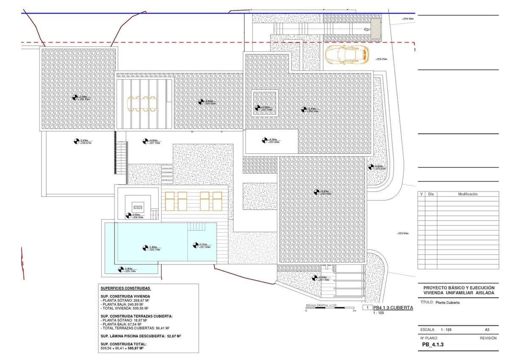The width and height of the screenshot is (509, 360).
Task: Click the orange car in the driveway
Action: click(x=347, y=54)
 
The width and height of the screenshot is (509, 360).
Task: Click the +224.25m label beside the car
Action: click(x=381, y=59)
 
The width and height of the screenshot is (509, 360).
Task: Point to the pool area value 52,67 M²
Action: click(x=173, y=336)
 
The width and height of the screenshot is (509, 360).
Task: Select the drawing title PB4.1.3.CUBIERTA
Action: click(x=393, y=307)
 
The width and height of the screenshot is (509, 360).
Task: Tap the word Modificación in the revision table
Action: click(x=467, y=194)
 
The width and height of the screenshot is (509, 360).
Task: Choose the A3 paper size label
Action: click(x=487, y=329)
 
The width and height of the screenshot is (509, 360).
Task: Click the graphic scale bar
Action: click(x=330, y=309)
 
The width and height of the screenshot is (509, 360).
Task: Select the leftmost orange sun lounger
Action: click(x=170, y=201)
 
